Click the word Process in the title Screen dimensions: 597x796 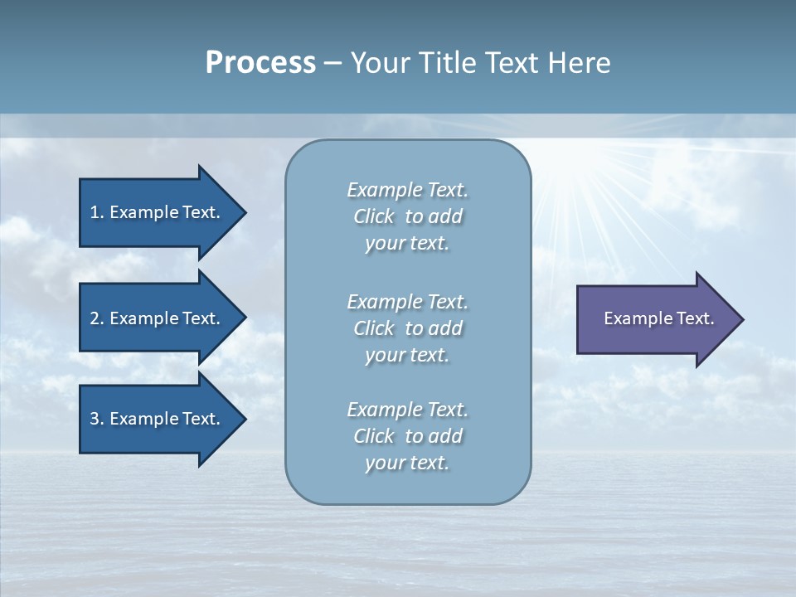pyautogui.click(x=260, y=63)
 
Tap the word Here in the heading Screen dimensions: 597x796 pyautogui.click(x=580, y=63)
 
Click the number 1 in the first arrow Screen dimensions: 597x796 pyautogui.click(x=95, y=212)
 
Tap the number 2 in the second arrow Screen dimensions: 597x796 pyautogui.click(x=95, y=318)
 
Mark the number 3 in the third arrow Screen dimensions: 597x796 pyautogui.click(x=95, y=419)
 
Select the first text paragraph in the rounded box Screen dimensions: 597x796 pyautogui.click(x=407, y=216)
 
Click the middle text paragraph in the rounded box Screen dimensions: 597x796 pyautogui.click(x=407, y=328)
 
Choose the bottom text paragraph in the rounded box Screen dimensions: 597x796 pyautogui.click(x=407, y=435)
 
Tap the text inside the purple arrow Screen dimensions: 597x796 pyautogui.click(x=658, y=318)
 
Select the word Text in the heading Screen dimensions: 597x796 pyautogui.click(x=512, y=63)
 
